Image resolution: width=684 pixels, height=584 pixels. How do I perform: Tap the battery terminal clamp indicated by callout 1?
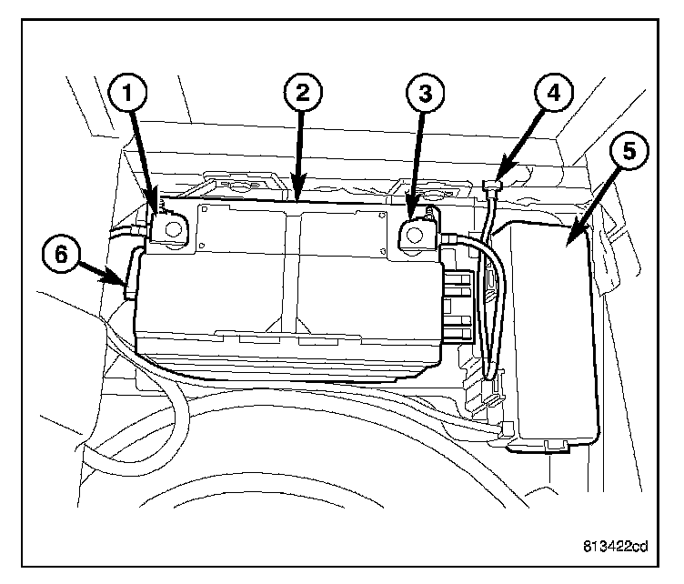click(x=168, y=228)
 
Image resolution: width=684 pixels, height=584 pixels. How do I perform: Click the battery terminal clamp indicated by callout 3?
click(x=417, y=233)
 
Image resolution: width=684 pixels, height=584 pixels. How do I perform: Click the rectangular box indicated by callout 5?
click(x=550, y=337)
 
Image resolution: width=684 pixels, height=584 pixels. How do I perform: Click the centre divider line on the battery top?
click(x=291, y=273)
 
